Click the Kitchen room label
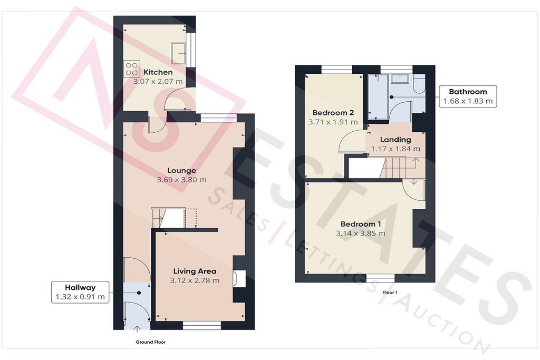[158, 72]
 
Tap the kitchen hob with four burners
[131, 69]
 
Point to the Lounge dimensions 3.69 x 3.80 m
[181, 180]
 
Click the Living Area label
[195, 271]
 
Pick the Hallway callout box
[80, 292]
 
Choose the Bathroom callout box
[468, 96]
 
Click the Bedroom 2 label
[333, 113]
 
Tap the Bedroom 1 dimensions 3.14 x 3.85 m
[361, 233]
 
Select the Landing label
[396, 140]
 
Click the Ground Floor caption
[150, 342]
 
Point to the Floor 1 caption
[390, 293]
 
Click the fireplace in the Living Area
[239, 278]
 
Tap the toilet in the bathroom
[419, 86]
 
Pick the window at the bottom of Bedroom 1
[380, 278]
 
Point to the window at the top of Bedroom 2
[337, 70]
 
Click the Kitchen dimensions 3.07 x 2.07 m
[158, 82]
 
